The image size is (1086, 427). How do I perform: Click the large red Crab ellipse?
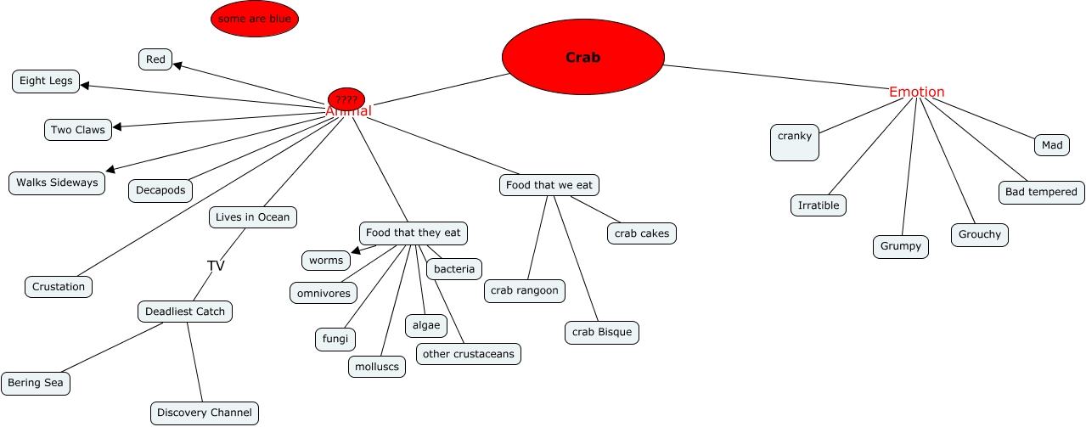tap(582, 58)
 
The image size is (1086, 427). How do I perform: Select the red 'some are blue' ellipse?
tap(255, 19)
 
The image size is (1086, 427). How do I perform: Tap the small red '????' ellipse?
tap(346, 99)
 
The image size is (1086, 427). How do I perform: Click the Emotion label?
tap(916, 92)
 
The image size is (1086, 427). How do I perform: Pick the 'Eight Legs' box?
tap(46, 81)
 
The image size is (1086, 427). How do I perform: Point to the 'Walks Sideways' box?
tap(57, 183)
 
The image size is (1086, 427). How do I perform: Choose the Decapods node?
tap(160, 190)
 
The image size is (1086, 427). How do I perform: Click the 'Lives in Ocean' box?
tap(252, 216)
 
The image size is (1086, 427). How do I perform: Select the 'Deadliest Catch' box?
tap(185, 312)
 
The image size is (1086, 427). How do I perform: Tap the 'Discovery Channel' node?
tap(205, 413)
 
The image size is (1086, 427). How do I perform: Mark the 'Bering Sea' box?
tap(36, 383)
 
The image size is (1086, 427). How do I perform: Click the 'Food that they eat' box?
tap(414, 233)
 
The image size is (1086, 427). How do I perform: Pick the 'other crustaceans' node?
tap(468, 353)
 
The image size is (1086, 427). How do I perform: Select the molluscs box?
tap(377, 366)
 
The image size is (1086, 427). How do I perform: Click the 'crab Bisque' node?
tap(601, 332)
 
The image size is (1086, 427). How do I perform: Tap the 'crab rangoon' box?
tap(525, 290)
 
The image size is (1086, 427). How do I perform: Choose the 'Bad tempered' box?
tap(1040, 192)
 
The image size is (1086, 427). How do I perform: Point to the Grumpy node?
tap(901, 246)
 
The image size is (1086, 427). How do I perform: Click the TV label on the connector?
tap(216, 266)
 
